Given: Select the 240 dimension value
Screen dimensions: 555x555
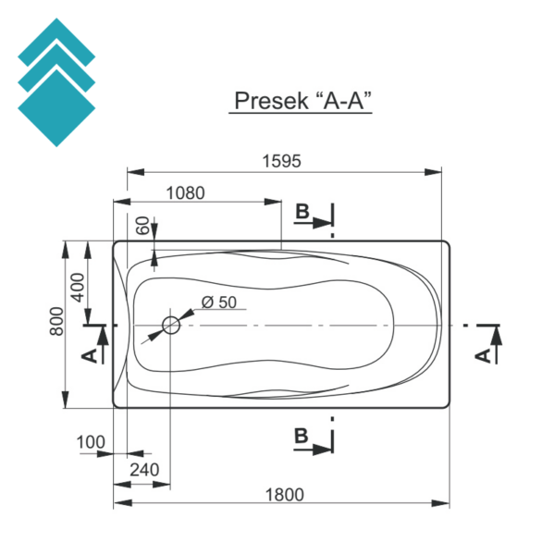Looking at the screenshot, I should coord(144,470).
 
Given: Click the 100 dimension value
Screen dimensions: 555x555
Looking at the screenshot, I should coord(92,442).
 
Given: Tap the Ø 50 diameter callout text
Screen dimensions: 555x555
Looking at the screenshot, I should coord(218,302).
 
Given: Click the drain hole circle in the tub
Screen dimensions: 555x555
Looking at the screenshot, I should coord(171,325).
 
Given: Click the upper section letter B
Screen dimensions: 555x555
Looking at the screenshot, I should coord(302,213).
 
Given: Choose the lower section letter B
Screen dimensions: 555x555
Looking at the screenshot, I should coord(302,437).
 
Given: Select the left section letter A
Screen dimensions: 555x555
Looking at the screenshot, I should coord(89,356).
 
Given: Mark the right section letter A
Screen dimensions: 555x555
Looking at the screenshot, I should coord(482,356).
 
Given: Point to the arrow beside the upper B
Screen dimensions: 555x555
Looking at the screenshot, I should coord(322,222).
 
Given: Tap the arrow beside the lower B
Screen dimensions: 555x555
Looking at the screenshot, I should coord(321,448).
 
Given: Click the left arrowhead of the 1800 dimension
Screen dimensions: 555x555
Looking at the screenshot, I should coord(119,504).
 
